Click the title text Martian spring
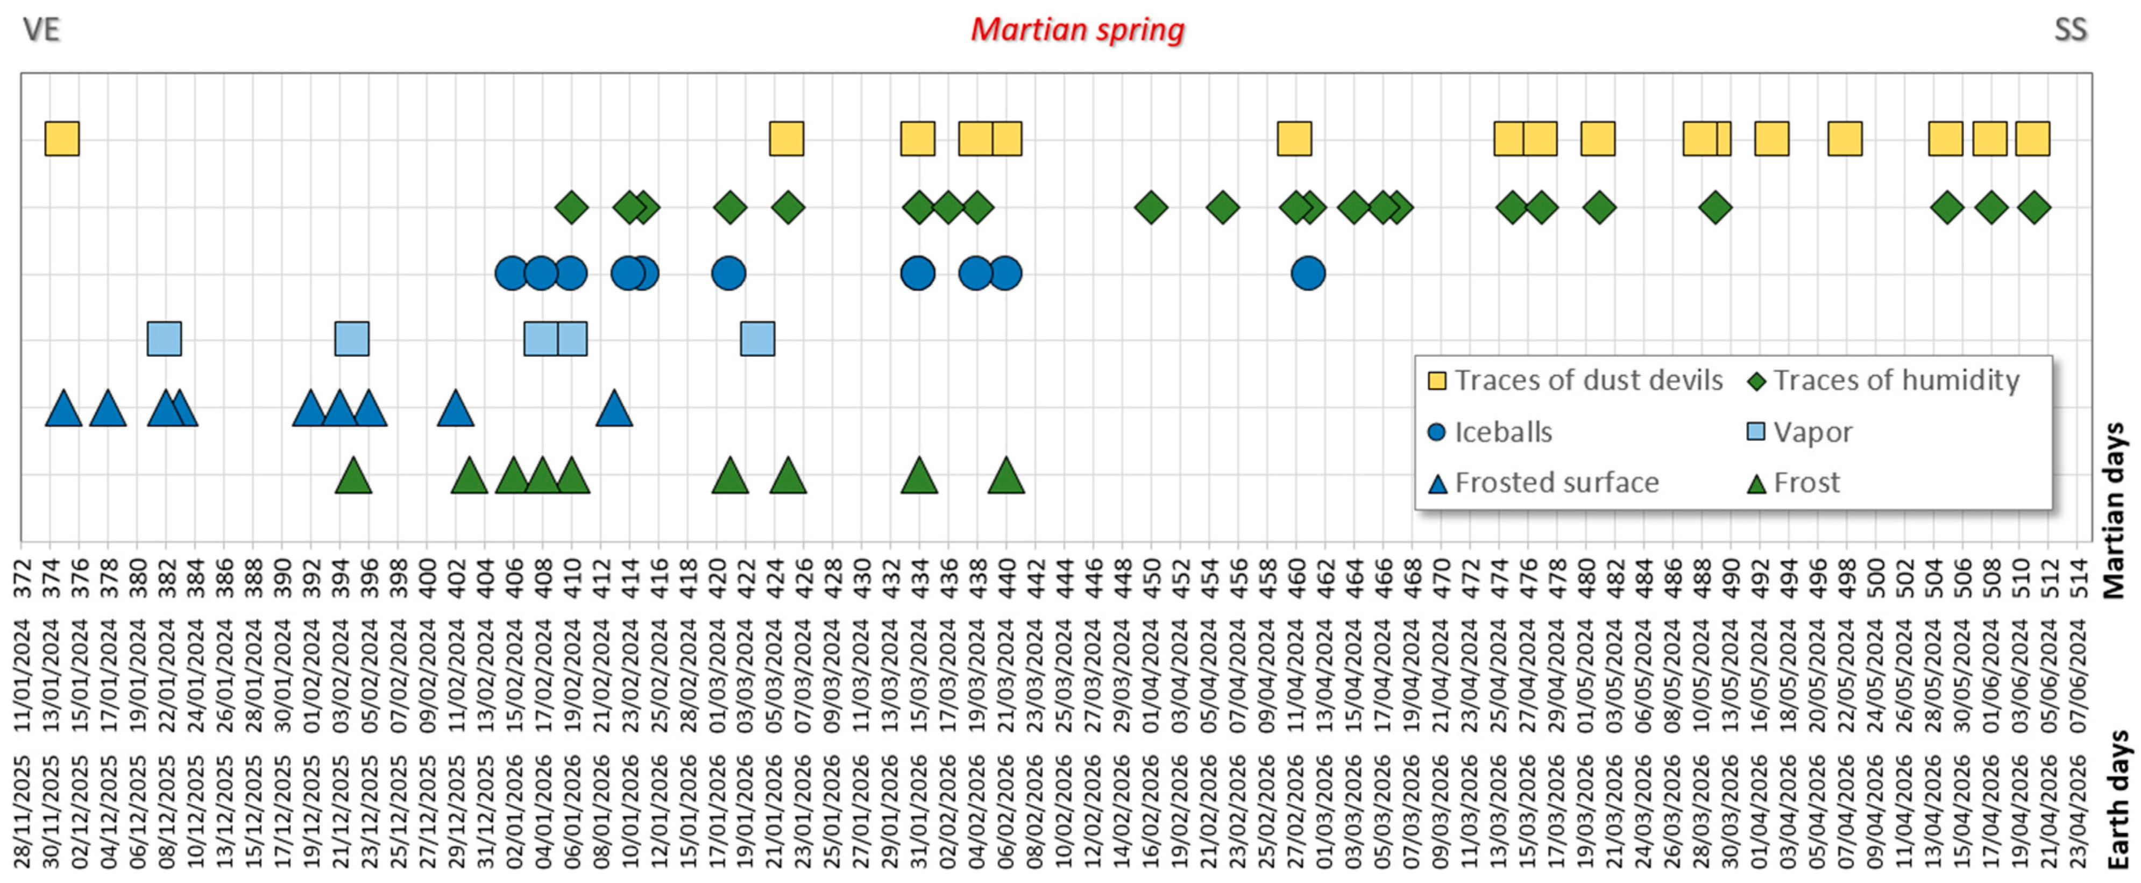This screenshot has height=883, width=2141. [1077, 30]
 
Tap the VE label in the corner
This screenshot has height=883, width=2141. [41, 30]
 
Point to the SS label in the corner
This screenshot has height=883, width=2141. [2071, 30]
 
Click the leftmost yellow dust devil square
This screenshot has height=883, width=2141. [62, 139]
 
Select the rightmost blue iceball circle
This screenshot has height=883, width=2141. [1308, 273]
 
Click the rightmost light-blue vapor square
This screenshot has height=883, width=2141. [757, 338]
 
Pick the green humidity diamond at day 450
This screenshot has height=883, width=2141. [1150, 207]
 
